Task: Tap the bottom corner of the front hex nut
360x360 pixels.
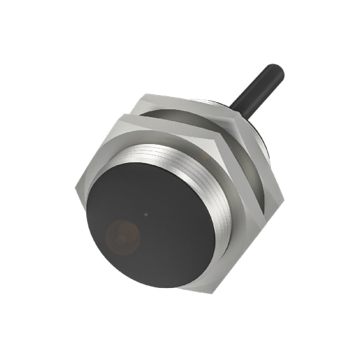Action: [190, 291]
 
